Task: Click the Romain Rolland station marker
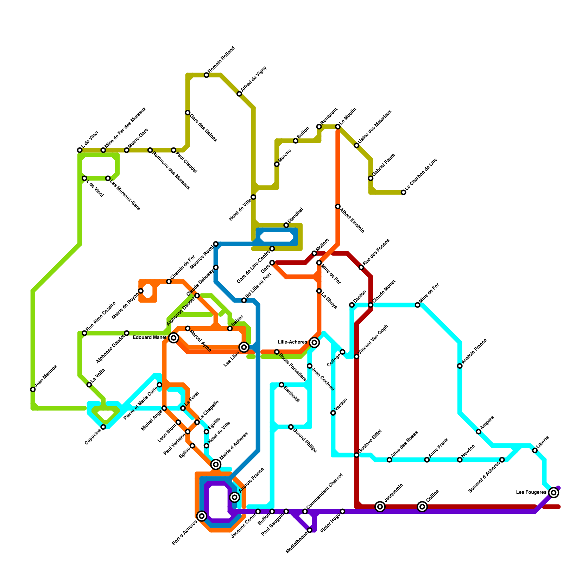coord(207,75)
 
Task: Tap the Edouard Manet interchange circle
coord(173,338)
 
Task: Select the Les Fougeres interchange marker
coord(554,493)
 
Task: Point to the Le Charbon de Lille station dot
coord(404,192)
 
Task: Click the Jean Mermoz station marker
coord(33,390)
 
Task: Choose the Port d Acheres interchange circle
coord(202,516)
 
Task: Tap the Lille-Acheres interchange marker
coord(315,342)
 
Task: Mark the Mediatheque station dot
coord(310,530)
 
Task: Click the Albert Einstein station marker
coord(338,207)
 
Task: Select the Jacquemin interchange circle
coord(380,507)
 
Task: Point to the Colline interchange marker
coord(422,507)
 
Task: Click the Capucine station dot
coord(103,427)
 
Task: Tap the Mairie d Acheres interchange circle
coord(216,465)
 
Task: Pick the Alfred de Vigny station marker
coord(239,94)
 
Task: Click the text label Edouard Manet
coord(150,338)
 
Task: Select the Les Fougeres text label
coord(531,493)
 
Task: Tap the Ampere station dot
coord(479,432)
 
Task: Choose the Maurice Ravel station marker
coord(216,244)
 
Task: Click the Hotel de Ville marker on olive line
coord(253,197)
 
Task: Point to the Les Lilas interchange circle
coord(244,347)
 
